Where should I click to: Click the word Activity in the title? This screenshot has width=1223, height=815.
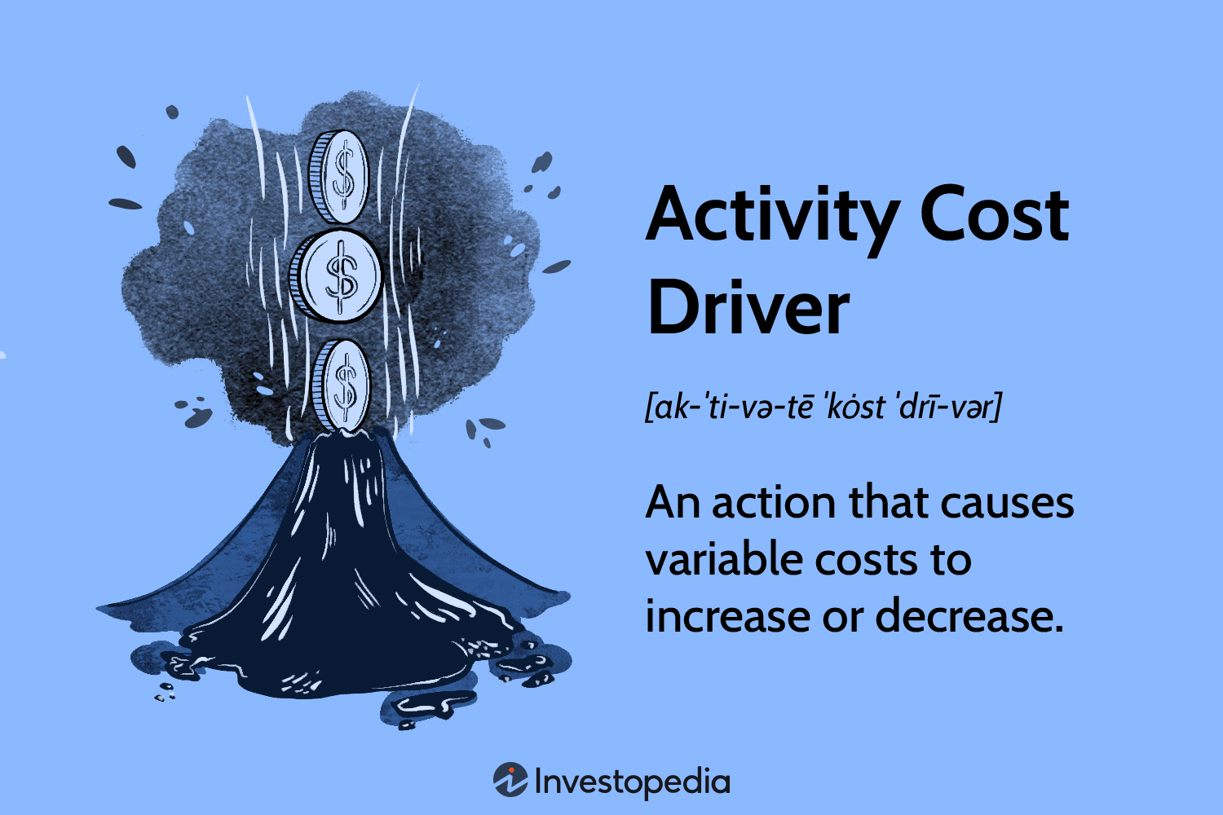[773, 216]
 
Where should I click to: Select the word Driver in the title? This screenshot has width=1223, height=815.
[748, 308]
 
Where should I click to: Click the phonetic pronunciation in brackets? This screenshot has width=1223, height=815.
[823, 406]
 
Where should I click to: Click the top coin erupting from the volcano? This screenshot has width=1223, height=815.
[340, 178]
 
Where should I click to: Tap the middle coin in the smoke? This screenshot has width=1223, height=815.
[338, 274]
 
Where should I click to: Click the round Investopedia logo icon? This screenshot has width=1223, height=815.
[510, 780]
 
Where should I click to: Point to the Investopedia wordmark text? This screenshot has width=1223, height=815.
[632, 782]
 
